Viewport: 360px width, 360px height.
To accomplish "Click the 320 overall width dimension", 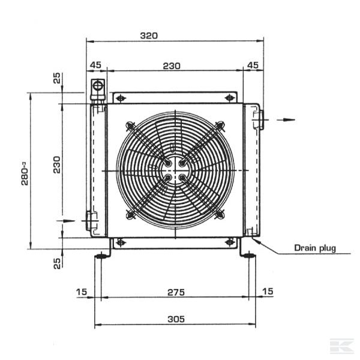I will point(148,35).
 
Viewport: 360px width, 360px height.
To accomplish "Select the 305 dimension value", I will point(175,319).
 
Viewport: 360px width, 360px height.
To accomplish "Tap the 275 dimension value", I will point(175,292).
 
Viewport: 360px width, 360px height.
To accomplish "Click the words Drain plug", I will point(314,248).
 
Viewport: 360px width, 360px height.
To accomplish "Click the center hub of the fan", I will point(174,170).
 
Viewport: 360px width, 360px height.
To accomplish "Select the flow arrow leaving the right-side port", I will point(287,120).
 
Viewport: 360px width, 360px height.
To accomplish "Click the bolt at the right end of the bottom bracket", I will point(229,242).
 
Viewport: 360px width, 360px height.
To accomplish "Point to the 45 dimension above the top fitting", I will point(95,65).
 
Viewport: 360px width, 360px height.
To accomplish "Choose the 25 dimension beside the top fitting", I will point(57,78).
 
